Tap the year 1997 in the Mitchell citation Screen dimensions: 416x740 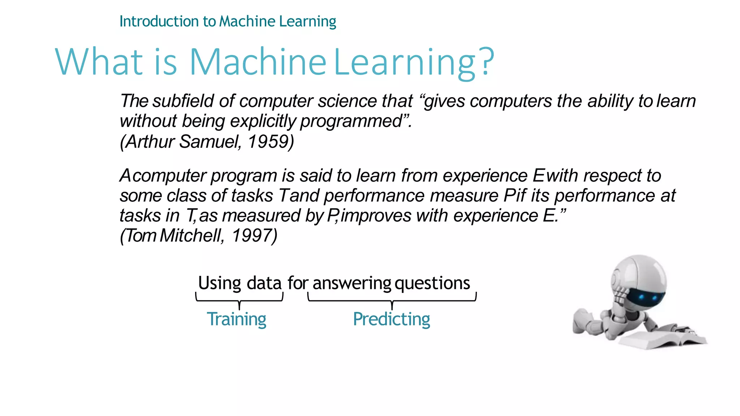(x=254, y=236)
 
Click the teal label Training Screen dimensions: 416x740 (x=236, y=319)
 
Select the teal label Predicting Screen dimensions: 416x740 (x=391, y=319)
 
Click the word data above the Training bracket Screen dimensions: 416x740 (x=264, y=283)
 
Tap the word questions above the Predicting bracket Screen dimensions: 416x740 (x=432, y=283)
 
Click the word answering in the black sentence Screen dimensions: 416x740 (x=352, y=283)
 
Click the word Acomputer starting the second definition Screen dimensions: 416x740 (x=163, y=176)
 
